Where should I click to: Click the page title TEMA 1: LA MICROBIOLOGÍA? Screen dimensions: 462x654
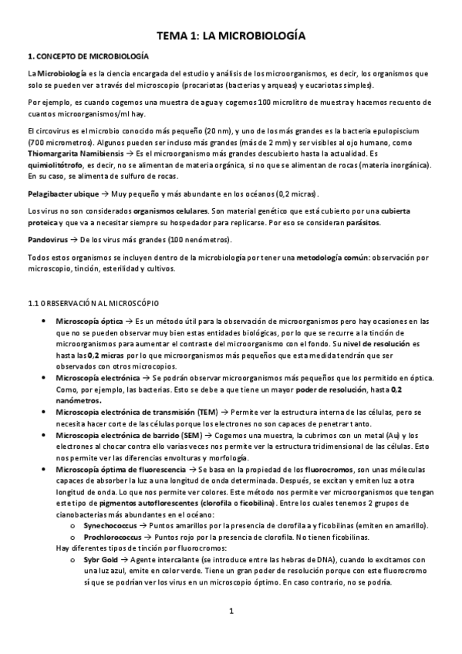231,36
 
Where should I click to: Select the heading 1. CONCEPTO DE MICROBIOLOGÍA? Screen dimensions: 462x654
88,56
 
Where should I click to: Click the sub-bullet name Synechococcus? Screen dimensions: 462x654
105,525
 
